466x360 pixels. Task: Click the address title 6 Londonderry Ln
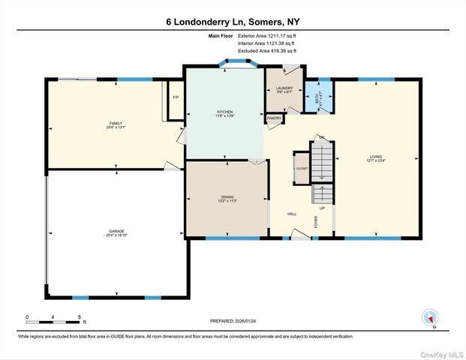coord(233,22)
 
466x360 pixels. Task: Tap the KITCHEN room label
coord(225,112)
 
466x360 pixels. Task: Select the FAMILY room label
coord(116,124)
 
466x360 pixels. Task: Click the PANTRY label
coord(274,118)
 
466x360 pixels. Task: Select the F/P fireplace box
coord(175,98)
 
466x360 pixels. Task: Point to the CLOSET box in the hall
coord(301,169)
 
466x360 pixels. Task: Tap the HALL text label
coord(292,214)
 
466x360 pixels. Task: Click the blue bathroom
coord(317,96)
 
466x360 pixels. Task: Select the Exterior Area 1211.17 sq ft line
coord(268,36)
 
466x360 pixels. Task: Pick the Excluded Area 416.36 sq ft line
coord(268,52)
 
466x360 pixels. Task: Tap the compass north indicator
coord(430,318)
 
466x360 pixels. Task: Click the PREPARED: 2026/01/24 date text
coord(233,321)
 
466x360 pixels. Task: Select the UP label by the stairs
coord(323,208)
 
